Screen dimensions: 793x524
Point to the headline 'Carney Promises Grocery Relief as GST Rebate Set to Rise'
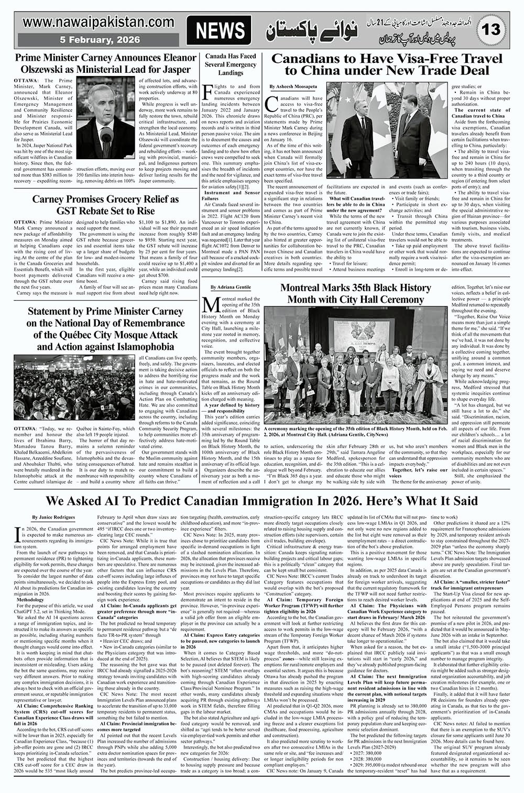point(105,205)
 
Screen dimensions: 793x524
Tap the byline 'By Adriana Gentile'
point(231,288)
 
